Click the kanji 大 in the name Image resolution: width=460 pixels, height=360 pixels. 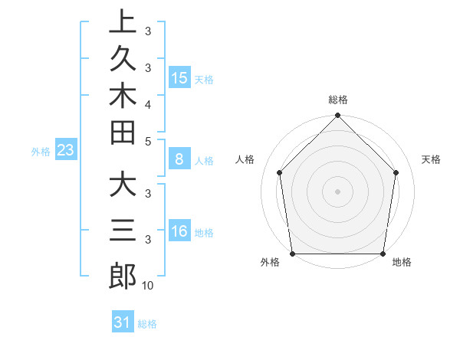click(x=123, y=186)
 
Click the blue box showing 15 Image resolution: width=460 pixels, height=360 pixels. click(x=179, y=78)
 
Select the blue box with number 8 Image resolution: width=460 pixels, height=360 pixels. click(x=179, y=160)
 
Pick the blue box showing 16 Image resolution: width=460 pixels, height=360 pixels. click(x=179, y=231)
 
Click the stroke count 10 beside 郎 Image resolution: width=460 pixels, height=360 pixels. click(x=148, y=286)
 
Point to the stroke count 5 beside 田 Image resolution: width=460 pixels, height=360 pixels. click(x=148, y=141)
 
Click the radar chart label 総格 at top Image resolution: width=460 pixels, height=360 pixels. click(x=338, y=100)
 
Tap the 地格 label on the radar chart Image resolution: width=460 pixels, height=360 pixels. click(x=402, y=263)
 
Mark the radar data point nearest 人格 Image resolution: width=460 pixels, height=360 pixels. click(x=279, y=172)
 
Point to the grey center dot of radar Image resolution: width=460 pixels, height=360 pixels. click(x=337, y=191)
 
